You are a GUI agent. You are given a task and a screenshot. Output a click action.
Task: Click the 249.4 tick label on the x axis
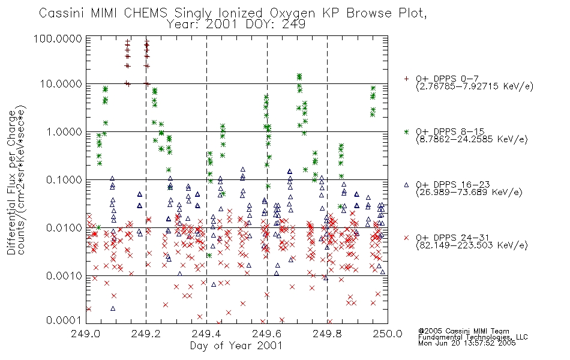coord(206,334)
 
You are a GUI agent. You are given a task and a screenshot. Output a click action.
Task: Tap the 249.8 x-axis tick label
coord(327,334)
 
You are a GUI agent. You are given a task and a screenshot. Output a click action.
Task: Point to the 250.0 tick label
coord(388,334)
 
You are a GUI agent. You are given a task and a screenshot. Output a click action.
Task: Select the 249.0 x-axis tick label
coord(86,334)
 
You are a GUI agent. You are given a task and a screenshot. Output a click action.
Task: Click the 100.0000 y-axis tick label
coord(58,38)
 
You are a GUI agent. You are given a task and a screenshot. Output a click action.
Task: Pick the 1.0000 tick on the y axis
coord(64,131)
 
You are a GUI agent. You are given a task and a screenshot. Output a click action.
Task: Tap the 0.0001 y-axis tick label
coord(64,320)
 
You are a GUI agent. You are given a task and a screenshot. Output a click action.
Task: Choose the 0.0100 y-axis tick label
coord(64,228)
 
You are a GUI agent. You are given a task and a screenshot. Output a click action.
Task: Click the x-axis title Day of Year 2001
coord(236,346)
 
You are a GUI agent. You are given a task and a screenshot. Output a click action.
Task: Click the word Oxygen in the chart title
coord(292,13)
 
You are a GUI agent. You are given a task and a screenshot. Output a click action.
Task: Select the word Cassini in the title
coord(61,13)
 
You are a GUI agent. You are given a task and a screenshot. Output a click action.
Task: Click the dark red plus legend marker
coord(406,79)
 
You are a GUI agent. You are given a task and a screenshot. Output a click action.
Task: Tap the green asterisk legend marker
coord(406,131)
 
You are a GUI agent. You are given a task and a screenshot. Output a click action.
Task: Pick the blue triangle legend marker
coord(406,185)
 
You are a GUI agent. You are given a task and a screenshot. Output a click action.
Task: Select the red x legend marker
coord(406,238)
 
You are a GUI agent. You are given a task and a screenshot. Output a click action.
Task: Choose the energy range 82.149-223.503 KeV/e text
coord(472,245)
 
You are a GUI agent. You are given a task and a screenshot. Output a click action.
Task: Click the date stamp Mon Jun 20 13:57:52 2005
coord(467,343)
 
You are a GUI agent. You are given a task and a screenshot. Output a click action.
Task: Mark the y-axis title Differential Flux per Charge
coord(12,182)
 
